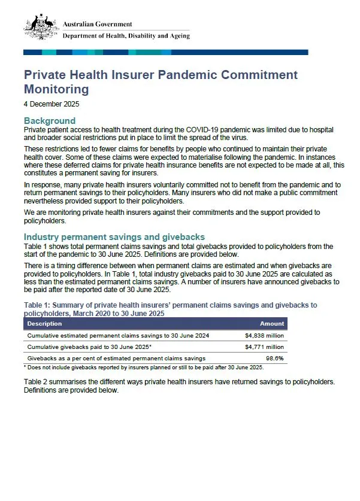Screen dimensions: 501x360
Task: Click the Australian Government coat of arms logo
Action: pyautogui.click(x=41, y=28)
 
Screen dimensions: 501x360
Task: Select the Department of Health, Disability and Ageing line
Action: pyautogui.click(x=126, y=36)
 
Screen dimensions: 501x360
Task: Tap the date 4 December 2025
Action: pyautogui.click(x=52, y=104)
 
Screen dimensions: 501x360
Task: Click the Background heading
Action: pyautogui.click(x=49, y=121)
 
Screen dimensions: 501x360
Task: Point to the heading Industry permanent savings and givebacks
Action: pyautogui.click(x=114, y=237)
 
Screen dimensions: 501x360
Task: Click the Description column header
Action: pyautogui.click(x=45, y=323)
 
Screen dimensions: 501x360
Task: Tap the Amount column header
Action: pyautogui.click(x=271, y=323)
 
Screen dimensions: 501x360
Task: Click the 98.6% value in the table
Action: pyautogui.click(x=274, y=358)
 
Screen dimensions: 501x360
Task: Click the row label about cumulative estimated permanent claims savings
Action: pyautogui.click(x=118, y=336)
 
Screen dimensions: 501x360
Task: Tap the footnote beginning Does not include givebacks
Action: pyautogui.click(x=144, y=367)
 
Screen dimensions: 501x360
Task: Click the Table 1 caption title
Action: pyautogui.click(x=170, y=309)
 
